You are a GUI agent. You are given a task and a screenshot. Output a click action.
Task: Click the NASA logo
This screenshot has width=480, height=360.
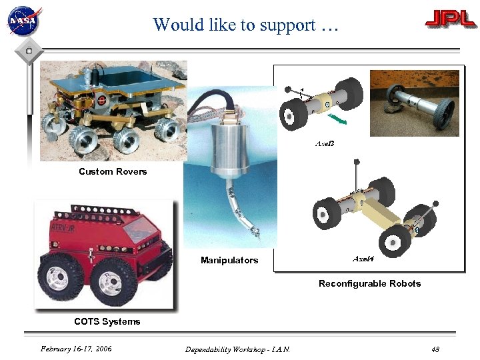click(x=24, y=21)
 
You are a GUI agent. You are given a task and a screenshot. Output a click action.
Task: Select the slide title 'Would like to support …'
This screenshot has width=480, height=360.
click(x=246, y=25)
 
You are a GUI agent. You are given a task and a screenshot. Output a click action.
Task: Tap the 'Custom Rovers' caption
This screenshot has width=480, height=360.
click(x=113, y=172)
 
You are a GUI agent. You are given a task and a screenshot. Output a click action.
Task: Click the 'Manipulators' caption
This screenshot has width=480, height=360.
click(x=229, y=260)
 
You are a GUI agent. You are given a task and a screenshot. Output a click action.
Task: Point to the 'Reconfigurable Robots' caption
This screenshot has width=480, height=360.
click(x=369, y=283)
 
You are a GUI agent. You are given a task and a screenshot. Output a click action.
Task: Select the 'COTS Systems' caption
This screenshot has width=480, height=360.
click(x=107, y=321)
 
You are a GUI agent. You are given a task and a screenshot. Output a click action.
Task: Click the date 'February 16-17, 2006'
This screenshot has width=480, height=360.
click(x=76, y=349)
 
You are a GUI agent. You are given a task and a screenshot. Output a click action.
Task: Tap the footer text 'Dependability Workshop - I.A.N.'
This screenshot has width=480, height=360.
click(x=237, y=349)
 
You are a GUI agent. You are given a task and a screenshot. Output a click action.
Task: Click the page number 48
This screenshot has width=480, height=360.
click(x=435, y=349)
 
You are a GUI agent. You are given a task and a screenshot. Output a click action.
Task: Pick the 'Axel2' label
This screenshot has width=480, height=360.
click(x=324, y=143)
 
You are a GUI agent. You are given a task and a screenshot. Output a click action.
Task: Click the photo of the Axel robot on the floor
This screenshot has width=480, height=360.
click(x=415, y=103)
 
